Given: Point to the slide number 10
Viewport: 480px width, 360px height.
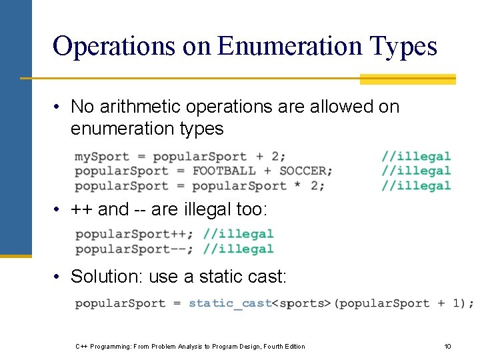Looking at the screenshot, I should click(447, 347).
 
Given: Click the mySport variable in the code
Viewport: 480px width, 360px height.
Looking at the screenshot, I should click(102, 157).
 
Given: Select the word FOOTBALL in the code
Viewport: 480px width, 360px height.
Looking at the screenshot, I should click(224, 171).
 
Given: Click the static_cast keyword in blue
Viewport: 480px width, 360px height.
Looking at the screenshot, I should click(231, 303).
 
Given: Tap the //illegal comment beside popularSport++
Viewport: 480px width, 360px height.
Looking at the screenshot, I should click(238, 234).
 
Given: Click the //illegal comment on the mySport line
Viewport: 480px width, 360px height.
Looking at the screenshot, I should click(416, 157).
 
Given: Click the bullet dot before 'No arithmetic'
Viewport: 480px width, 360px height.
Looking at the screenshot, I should click(59, 107).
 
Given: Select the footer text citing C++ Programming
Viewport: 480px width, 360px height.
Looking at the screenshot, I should click(190, 347).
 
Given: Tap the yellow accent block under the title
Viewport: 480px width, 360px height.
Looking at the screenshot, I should click(407, 79).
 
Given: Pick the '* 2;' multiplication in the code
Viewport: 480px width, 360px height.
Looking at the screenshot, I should click(309, 186).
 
